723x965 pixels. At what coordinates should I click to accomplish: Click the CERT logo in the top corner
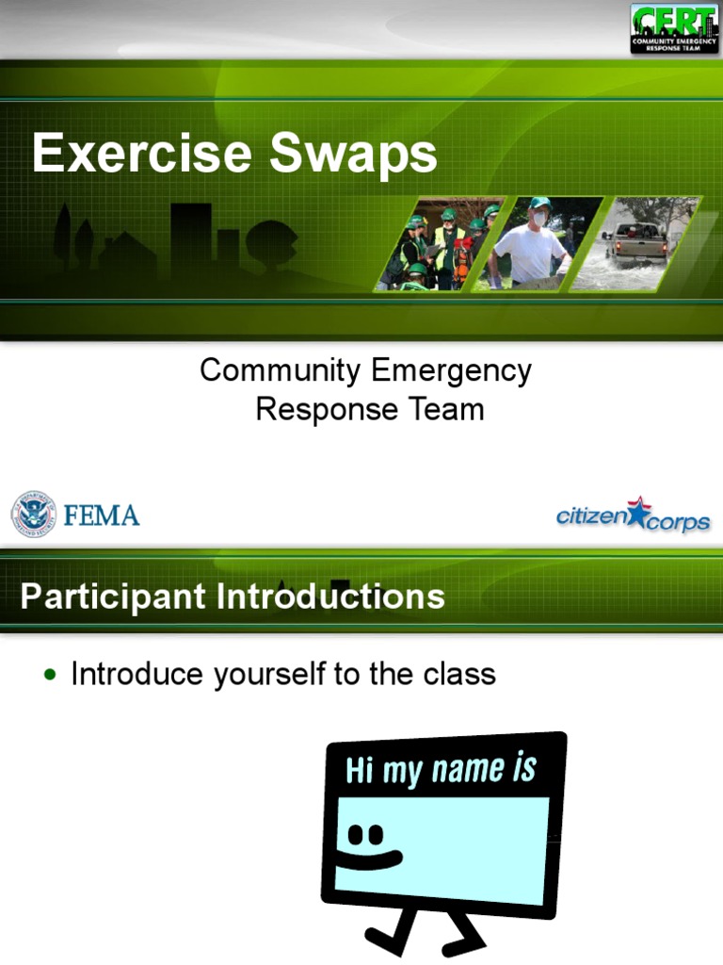(x=674, y=28)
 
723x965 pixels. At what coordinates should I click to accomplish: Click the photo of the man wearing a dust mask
(x=534, y=243)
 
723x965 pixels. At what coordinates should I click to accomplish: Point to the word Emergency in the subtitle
(x=451, y=371)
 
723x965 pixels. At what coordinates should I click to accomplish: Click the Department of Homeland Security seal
(x=33, y=515)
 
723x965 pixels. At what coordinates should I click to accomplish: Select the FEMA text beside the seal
(x=102, y=515)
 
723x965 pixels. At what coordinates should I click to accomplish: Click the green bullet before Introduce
(x=50, y=675)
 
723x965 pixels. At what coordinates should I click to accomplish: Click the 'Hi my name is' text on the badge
(x=441, y=770)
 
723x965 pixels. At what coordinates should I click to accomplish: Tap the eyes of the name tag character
(x=365, y=835)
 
